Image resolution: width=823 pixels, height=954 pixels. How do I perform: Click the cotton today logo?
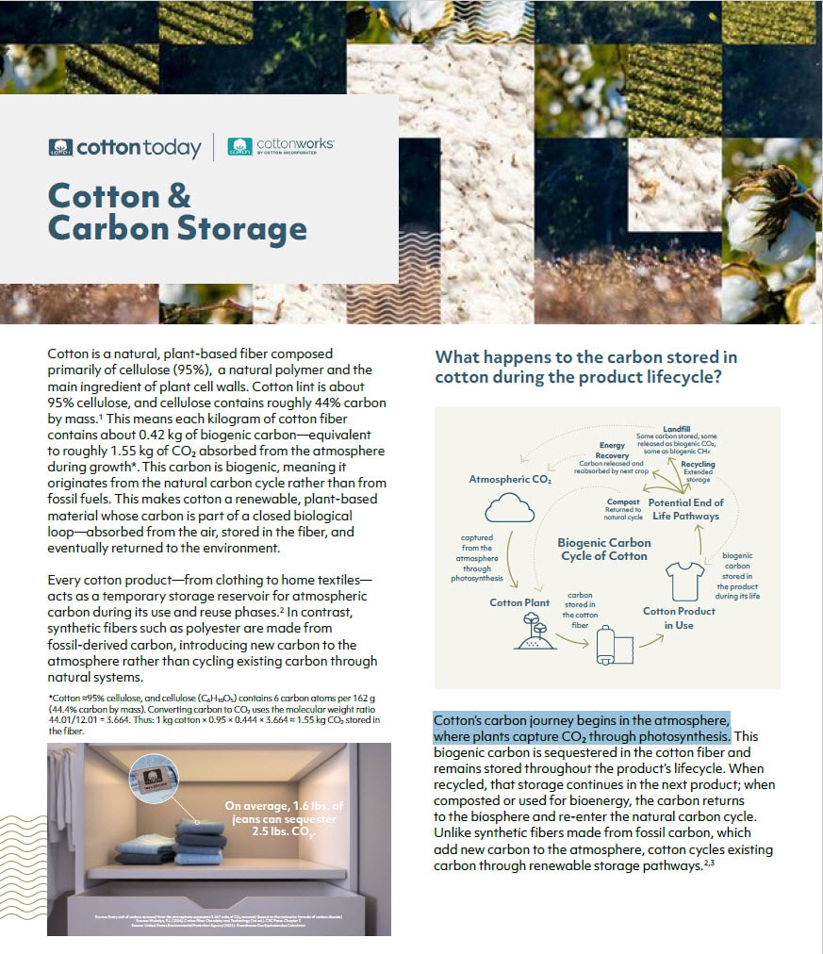click(x=124, y=148)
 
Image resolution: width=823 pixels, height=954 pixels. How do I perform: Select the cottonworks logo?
click(x=280, y=146)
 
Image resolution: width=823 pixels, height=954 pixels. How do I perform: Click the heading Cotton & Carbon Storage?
click(x=177, y=212)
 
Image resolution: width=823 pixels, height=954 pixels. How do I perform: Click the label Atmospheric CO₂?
click(x=510, y=479)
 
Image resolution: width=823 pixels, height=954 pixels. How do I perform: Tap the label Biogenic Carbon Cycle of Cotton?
click(x=603, y=549)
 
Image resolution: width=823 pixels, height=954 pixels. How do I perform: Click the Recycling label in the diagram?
click(x=697, y=464)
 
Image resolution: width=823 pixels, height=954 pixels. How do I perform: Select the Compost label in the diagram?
click(x=623, y=502)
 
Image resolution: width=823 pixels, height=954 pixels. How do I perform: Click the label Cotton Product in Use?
click(x=679, y=617)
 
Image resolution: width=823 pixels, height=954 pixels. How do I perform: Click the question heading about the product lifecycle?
click(x=585, y=367)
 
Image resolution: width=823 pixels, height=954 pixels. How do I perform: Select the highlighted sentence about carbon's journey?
click(x=581, y=728)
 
